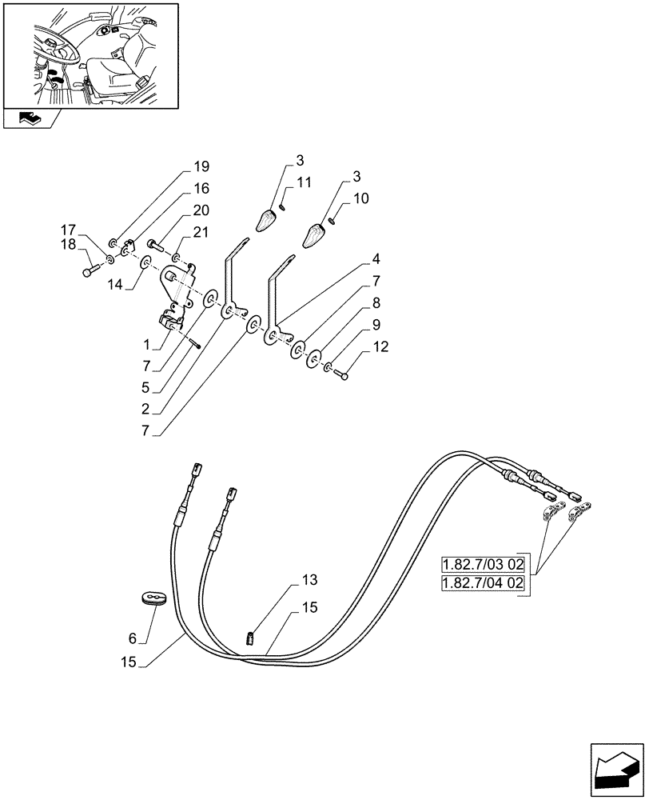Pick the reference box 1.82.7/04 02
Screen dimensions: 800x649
(482, 584)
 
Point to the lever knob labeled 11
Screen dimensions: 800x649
(266, 219)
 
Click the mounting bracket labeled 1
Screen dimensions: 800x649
(177, 300)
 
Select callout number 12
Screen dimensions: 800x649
(380, 347)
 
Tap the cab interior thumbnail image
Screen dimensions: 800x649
(90, 55)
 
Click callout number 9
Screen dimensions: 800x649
(376, 326)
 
